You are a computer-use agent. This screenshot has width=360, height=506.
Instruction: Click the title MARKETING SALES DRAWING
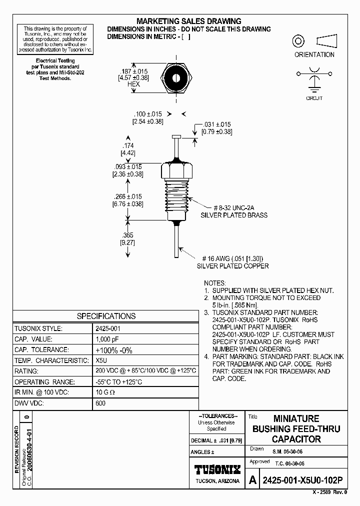click(189, 21)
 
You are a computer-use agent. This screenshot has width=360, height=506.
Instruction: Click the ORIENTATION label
click(314, 54)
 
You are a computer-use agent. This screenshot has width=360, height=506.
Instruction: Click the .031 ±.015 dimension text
click(216, 124)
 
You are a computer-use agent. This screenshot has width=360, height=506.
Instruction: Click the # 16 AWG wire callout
click(232, 258)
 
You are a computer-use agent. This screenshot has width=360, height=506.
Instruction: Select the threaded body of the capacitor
click(176, 197)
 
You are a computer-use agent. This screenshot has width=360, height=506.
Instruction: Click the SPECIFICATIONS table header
click(106, 316)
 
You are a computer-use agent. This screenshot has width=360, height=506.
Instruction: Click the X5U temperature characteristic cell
click(101, 360)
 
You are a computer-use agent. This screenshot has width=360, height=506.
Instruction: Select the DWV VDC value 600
click(100, 403)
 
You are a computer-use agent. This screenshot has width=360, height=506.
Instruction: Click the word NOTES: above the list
click(215, 282)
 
